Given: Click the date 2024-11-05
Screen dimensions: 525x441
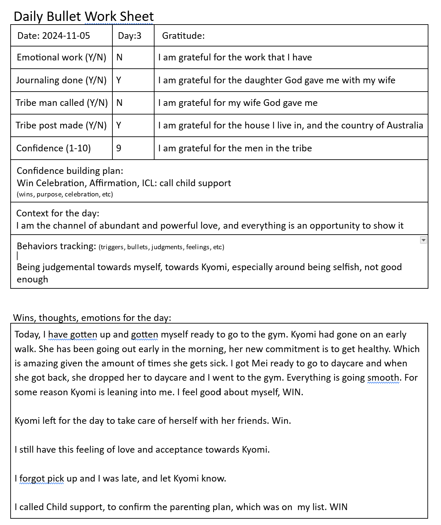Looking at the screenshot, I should pyautogui.click(x=66, y=36).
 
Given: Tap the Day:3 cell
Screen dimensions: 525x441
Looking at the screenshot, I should pyautogui.click(x=130, y=36).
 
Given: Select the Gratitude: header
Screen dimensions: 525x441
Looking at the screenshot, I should pyautogui.click(x=183, y=36).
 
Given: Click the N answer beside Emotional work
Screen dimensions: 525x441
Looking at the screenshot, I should pyautogui.click(x=120, y=57).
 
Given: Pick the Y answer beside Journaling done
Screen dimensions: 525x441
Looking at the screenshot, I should pyautogui.click(x=119, y=80).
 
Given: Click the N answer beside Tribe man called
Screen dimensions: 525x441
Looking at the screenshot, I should pyautogui.click(x=120, y=103).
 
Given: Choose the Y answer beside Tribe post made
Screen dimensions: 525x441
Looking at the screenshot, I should pyautogui.click(x=119, y=125).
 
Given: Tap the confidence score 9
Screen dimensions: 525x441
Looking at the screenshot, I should pyautogui.click(x=119, y=148).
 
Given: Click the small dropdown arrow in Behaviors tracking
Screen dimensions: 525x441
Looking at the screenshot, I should pyautogui.click(x=423, y=240).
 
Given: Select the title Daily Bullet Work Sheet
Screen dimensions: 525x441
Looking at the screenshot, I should pyautogui.click(x=84, y=16).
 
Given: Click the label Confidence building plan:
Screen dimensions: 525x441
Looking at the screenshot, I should pyautogui.click(x=70, y=171).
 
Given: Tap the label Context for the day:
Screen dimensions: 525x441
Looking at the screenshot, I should pyautogui.click(x=58, y=213).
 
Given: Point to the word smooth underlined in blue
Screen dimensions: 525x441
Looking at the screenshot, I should pyautogui.click(x=383, y=378).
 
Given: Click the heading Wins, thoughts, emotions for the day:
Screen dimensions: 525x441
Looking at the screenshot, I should pyautogui.click(x=92, y=318).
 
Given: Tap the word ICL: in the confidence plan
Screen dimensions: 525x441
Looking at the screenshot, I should pyautogui.click(x=149, y=183).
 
